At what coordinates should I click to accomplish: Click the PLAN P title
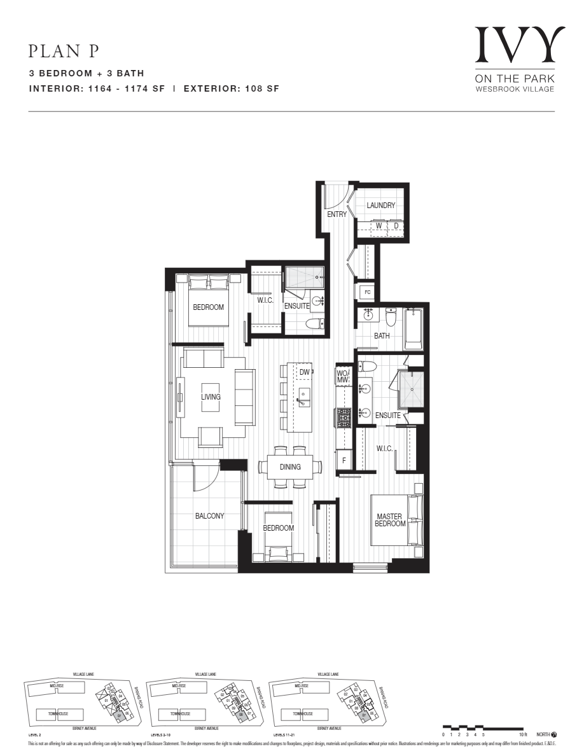[x=64, y=52]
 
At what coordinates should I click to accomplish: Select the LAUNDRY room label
[x=381, y=206]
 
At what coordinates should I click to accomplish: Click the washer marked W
[x=379, y=226]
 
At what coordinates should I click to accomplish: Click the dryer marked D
[x=396, y=226]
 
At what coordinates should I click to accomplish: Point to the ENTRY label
[x=337, y=214]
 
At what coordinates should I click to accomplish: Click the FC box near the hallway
[x=366, y=293]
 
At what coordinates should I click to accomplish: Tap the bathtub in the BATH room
[x=414, y=328]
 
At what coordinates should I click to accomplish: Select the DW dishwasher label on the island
[x=304, y=372]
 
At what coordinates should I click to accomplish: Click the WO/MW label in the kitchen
[x=343, y=376]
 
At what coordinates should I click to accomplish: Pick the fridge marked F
[x=344, y=459]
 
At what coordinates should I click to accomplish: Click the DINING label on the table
[x=290, y=467]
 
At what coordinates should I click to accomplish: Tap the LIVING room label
[x=211, y=397]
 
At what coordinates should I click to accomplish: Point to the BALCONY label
[x=209, y=516]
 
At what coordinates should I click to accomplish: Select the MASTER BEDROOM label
[x=390, y=520]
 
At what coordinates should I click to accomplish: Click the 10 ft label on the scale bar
[x=523, y=734]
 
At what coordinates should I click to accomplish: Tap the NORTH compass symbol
[x=553, y=734]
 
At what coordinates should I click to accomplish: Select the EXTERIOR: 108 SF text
[x=231, y=89]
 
